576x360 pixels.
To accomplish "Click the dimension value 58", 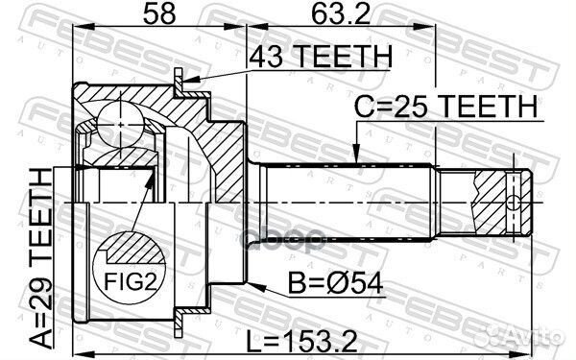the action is pos(159,13).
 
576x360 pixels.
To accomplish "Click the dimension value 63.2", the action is pos(340,13).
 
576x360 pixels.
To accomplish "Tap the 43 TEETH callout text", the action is pos(321,57).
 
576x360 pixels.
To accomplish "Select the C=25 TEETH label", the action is pos(445,107).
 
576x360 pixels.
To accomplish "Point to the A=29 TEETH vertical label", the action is pos(40,258).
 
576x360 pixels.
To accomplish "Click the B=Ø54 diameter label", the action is pos(335,283).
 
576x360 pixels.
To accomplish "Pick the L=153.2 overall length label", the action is pos(301,341).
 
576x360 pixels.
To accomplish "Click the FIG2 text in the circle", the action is pos(130,281).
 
